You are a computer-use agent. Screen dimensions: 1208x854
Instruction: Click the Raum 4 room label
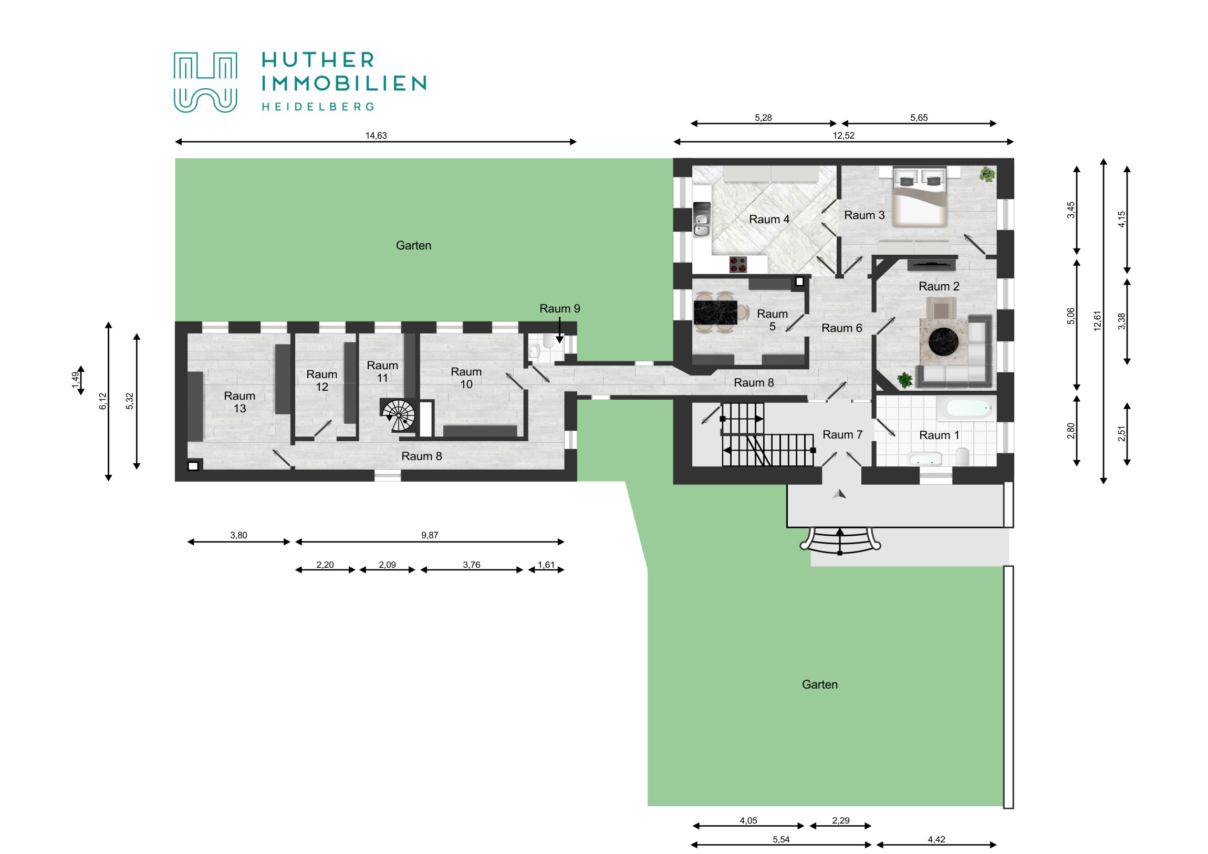tap(769, 220)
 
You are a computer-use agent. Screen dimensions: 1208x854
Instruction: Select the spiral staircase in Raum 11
tap(398, 415)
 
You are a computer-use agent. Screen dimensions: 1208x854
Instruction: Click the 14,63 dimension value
tap(376, 136)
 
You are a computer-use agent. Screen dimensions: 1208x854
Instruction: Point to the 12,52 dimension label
tap(843, 136)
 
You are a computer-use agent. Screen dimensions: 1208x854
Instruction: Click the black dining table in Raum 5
tap(715, 313)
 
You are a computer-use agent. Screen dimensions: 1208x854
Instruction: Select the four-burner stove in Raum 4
tap(737, 264)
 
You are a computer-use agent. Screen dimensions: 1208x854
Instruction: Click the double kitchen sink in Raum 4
tap(701, 220)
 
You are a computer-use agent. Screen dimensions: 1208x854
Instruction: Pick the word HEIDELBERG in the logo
tap(318, 107)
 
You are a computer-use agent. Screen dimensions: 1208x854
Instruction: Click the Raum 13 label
tap(239, 402)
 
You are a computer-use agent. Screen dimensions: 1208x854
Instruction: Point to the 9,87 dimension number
tap(429, 536)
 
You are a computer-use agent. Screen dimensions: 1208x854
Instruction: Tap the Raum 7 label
tap(842, 435)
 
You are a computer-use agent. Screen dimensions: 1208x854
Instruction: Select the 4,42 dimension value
tap(936, 840)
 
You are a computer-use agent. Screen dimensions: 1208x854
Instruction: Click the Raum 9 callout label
tap(560, 309)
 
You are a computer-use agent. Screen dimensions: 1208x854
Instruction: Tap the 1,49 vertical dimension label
tap(75, 380)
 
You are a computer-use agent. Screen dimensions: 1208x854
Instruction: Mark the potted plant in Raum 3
tap(987, 174)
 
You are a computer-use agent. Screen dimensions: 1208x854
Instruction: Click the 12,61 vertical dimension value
tap(1098, 321)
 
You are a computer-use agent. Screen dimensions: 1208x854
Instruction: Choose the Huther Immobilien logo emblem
tap(205, 82)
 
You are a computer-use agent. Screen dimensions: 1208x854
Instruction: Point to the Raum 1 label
tap(939, 436)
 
